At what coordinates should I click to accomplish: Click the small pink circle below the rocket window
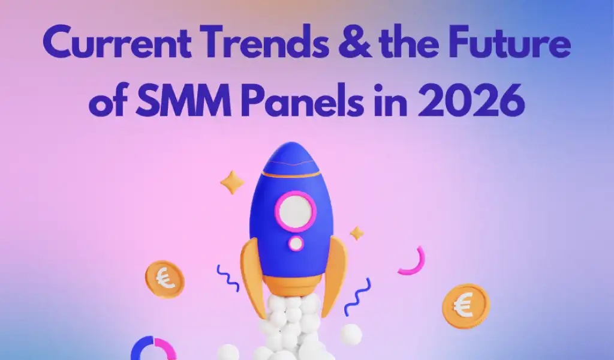tap(296, 243)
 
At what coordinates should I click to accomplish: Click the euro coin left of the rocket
tap(164, 279)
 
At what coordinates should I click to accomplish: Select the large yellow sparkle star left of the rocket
tap(232, 182)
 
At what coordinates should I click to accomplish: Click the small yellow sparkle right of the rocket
tap(357, 233)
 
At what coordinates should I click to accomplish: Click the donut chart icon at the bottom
tap(150, 350)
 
